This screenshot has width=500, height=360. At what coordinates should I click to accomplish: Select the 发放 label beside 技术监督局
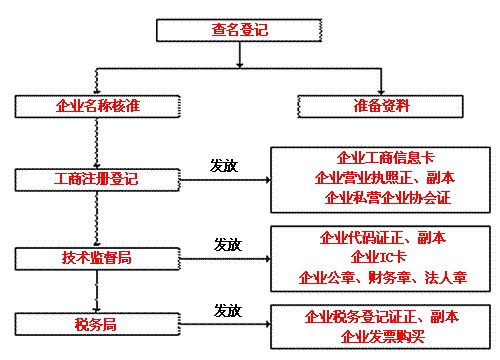tap(229, 244)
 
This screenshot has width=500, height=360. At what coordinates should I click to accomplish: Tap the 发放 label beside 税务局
tap(229, 310)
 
